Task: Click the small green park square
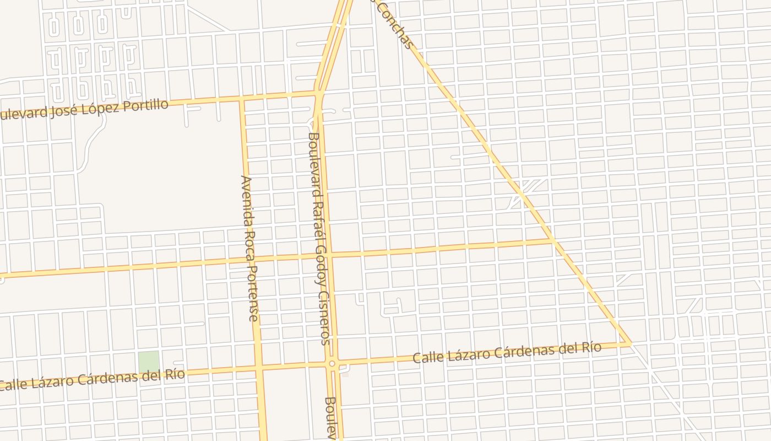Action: click(x=148, y=362)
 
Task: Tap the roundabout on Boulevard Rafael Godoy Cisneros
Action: click(x=332, y=363)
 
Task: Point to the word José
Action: click(x=62, y=112)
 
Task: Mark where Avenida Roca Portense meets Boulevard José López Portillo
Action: click(x=241, y=99)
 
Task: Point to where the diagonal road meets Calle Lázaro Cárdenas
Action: click(x=631, y=343)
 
